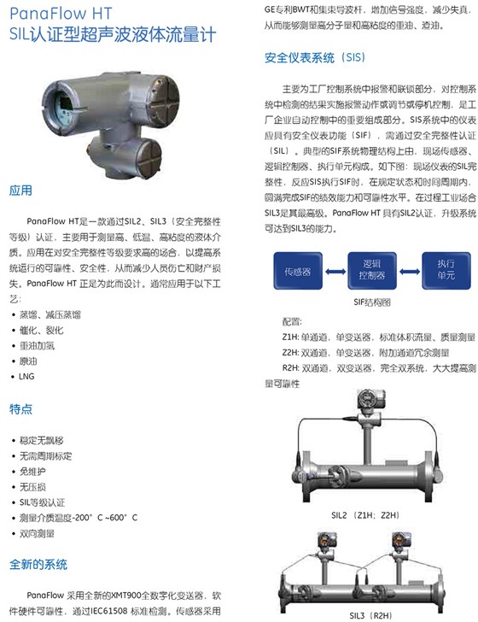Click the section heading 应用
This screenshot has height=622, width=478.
click(x=20, y=190)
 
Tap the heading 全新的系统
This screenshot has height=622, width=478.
click(x=38, y=565)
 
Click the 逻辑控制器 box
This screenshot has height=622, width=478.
click(x=371, y=271)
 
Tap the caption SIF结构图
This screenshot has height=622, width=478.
click(x=370, y=302)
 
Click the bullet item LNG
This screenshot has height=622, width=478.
click(x=27, y=376)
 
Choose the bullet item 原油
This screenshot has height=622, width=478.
click(x=29, y=361)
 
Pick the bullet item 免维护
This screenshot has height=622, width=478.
click(x=32, y=471)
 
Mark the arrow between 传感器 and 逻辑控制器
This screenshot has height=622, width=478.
click(x=335, y=271)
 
